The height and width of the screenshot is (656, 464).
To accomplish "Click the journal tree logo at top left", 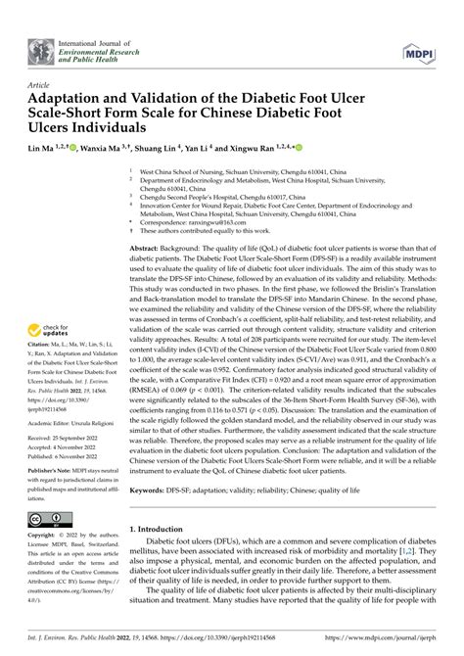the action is tap(42, 45).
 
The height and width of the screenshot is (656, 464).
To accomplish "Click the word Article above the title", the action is tap(41, 85).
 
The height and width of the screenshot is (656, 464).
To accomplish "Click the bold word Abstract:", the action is tap(148, 249).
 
